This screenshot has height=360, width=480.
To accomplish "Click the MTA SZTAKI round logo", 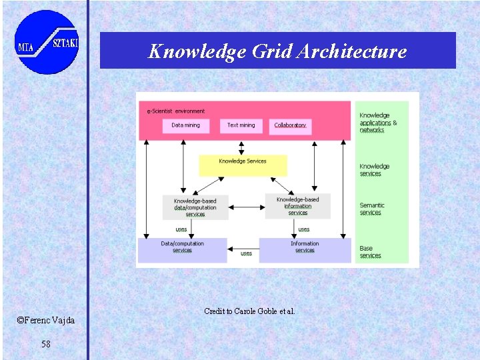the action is (46, 42).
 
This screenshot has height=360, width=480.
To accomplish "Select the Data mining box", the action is (185, 125).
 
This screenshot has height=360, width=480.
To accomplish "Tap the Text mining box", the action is (241, 125).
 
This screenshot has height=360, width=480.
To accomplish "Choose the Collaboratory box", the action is (290, 126).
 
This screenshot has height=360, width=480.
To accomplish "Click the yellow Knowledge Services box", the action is (243, 165).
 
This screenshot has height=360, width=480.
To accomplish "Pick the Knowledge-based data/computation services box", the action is (195, 207).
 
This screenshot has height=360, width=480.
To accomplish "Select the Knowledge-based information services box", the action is (297, 206).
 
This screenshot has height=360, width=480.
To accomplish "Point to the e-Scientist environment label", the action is (176, 111).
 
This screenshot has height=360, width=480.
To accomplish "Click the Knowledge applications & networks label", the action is (378, 123).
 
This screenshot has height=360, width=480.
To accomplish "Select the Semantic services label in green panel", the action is (371, 209).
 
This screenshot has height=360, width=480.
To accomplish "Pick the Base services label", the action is (370, 252).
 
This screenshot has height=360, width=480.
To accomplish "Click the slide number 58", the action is (45, 344).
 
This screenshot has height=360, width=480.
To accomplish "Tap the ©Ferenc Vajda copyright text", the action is (46, 321).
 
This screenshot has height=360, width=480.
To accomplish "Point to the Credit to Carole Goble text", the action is (249, 311).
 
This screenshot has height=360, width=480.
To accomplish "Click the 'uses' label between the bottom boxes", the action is (246, 253).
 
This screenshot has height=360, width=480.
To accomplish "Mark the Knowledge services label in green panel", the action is (374, 170).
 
